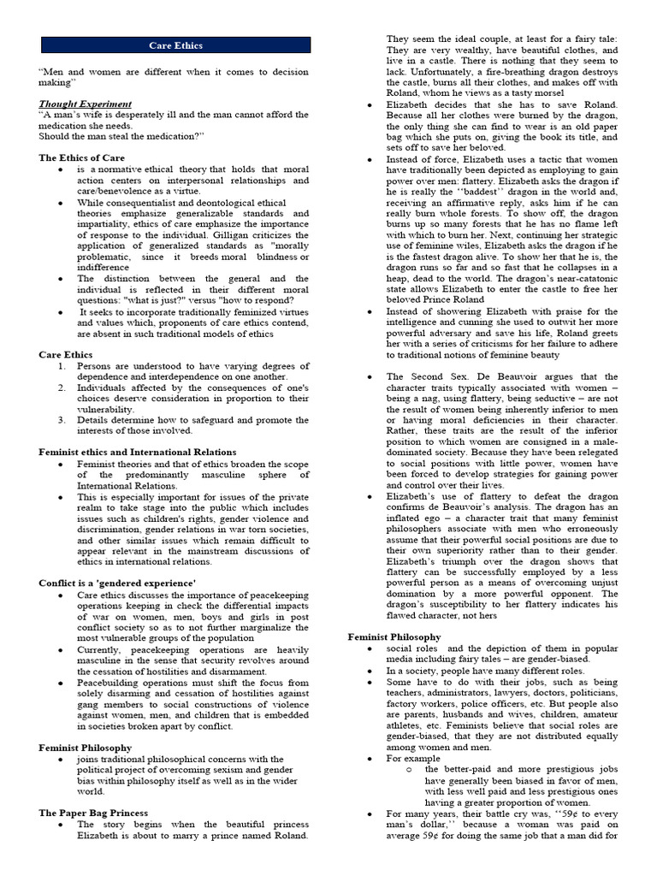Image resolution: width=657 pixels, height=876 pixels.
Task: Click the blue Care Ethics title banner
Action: click(x=175, y=45)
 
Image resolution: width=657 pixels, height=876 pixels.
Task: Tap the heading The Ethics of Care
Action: click(x=81, y=158)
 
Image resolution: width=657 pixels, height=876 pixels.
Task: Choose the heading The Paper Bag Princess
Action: click(x=93, y=813)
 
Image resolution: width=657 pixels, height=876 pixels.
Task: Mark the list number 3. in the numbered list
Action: click(x=62, y=420)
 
